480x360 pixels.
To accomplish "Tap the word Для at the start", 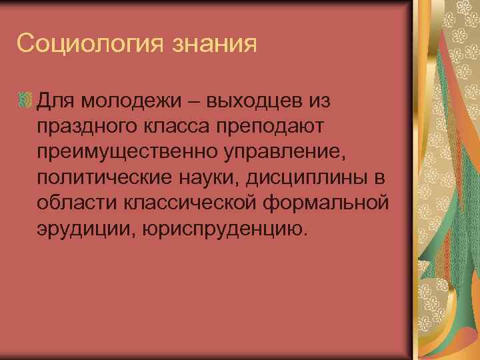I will point(57,101).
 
